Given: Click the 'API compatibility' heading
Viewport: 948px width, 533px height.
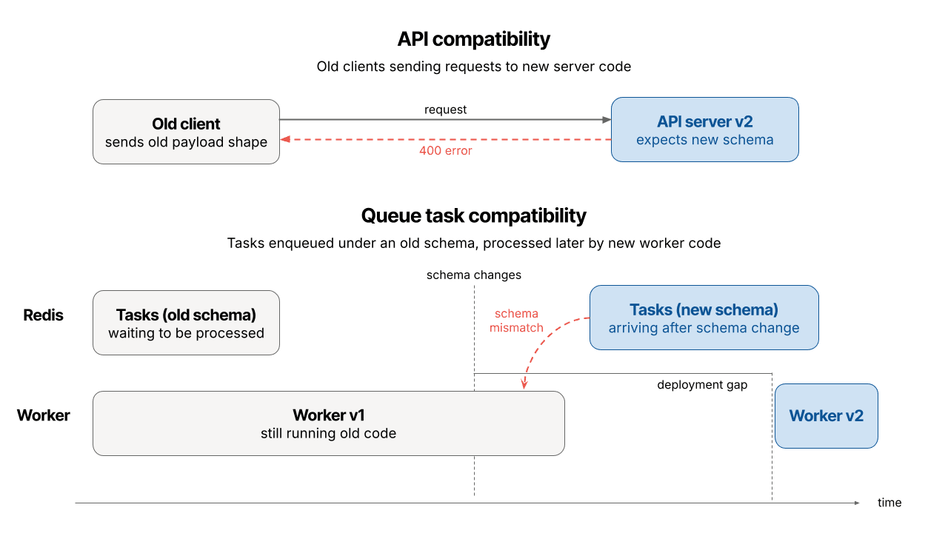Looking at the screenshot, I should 473,38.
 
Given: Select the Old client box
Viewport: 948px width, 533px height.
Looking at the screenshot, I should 186,132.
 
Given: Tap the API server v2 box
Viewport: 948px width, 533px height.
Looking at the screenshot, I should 704,130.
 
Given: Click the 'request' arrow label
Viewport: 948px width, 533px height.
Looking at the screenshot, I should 445,110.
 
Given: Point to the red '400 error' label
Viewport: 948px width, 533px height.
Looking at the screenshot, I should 445,150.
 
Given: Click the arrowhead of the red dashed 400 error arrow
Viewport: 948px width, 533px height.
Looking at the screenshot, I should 284,139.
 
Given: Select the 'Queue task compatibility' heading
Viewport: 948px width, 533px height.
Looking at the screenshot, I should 473,215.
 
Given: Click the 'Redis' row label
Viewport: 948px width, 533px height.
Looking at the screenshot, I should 43,315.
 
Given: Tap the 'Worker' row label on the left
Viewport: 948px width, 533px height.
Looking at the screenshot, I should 43,415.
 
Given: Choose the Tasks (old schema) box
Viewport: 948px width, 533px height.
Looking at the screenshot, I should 186,323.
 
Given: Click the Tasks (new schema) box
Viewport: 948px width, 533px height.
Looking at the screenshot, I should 704,318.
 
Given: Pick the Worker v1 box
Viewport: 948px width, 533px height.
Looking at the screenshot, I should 328,423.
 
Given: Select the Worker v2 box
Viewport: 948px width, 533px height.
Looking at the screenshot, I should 826,415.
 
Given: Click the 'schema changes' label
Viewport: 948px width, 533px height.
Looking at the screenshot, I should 473,275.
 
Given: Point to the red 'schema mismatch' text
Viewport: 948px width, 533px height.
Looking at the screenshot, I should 516,321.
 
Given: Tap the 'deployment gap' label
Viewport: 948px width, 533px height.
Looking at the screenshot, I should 702,385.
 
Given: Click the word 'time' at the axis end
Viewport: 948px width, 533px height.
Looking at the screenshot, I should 889,503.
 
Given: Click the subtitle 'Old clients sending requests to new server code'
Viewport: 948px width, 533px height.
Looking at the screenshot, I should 473,67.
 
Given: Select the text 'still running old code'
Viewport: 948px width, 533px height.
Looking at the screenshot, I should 328,434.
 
